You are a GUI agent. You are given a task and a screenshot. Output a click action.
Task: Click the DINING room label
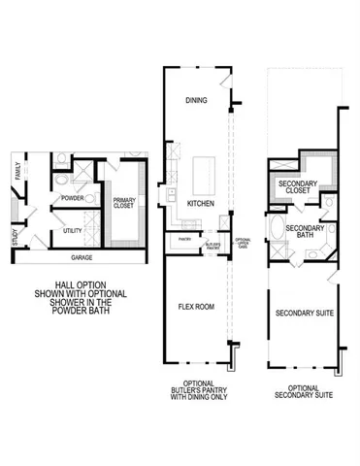197,100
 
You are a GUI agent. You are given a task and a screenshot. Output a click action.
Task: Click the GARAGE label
82,258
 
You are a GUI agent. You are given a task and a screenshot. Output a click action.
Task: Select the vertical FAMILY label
17,173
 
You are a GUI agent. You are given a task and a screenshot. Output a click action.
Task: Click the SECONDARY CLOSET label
299,186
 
